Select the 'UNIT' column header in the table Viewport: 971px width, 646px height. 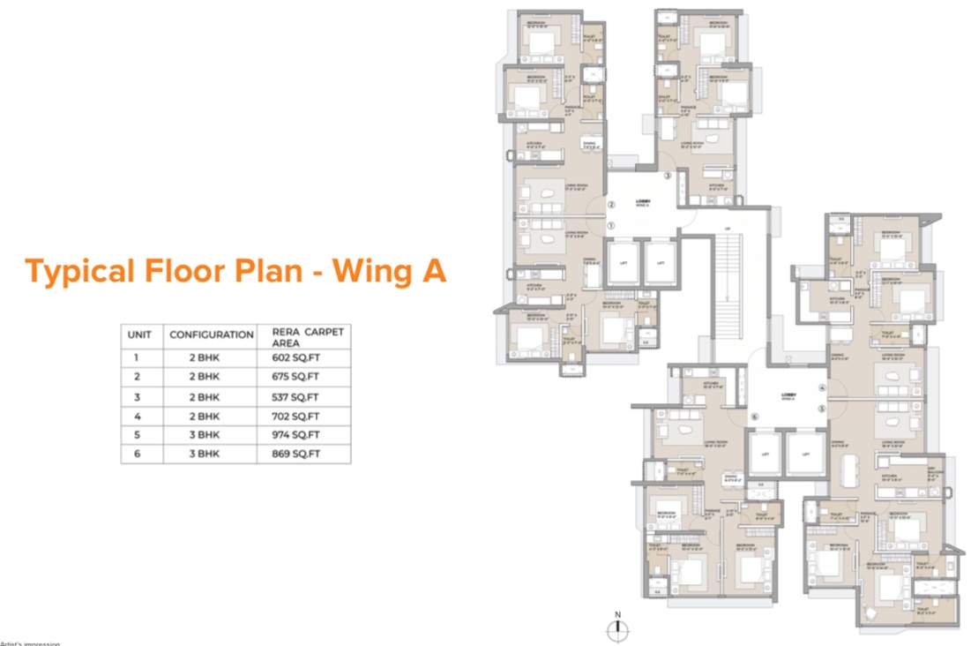tap(140, 335)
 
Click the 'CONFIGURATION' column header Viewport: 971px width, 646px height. tap(212, 335)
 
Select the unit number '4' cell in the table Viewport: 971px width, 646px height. tap(136, 416)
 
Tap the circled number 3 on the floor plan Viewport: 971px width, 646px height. tap(668, 177)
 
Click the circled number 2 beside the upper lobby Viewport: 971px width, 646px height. tap(610, 206)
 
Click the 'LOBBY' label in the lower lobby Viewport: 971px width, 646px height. tap(788, 396)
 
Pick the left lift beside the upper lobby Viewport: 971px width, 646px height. tap(623, 263)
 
